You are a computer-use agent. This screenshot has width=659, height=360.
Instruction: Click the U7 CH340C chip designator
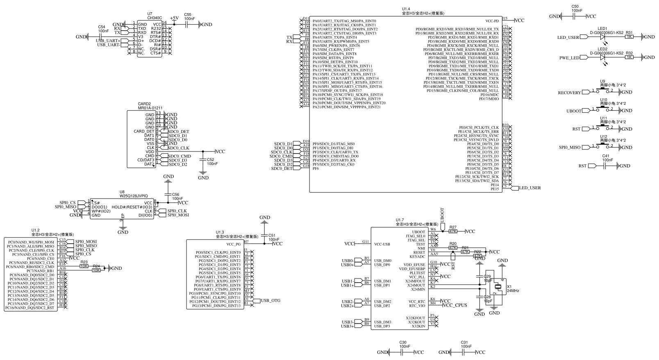tap(150, 14)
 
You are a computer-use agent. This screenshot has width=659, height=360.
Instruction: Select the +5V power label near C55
tap(174, 18)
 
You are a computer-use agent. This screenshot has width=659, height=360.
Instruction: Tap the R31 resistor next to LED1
tap(629, 37)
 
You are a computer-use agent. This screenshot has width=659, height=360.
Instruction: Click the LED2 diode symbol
tap(602, 58)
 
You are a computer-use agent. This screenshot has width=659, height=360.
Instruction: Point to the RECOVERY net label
tap(569, 93)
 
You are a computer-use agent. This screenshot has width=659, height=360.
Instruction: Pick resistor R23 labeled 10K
tap(84, 266)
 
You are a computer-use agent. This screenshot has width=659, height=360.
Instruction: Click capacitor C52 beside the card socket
tap(203, 161)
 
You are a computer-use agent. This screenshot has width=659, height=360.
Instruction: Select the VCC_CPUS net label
tap(455, 305)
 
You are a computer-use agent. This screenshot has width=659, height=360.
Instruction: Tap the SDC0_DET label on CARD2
tap(178, 131)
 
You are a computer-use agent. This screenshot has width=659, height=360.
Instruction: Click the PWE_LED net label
tap(570, 58)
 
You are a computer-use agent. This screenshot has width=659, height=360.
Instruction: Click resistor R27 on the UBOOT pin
tap(453, 231)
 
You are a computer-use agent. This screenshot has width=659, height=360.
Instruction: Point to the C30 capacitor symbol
tap(402, 352)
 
